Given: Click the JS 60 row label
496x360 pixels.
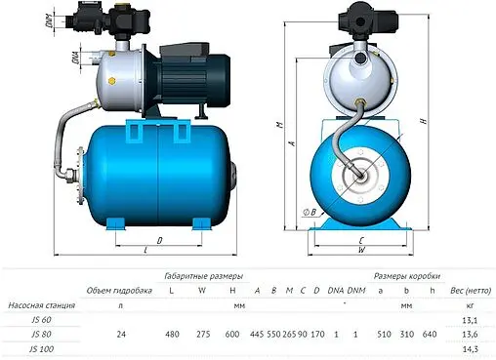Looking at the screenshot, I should (x=39, y=318).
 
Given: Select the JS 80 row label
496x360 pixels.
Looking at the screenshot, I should (x=39, y=334).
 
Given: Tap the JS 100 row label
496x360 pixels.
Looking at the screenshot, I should (x=41, y=349).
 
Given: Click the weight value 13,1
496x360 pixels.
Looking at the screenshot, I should (x=470, y=318).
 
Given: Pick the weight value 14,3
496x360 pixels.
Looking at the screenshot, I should (x=470, y=349).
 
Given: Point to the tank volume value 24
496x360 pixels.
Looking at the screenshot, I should (x=122, y=334).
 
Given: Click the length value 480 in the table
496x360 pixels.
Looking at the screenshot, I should (x=174, y=334).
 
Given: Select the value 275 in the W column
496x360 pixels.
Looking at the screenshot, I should (x=201, y=334).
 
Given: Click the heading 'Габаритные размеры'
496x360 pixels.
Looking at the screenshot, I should (x=202, y=275).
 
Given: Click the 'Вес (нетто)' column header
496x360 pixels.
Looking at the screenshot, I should (x=469, y=291).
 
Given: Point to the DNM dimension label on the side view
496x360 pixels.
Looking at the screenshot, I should (x=62, y=18).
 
